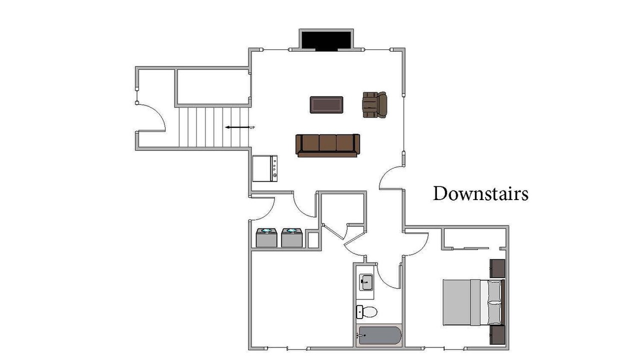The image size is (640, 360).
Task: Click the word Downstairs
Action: point(480,193)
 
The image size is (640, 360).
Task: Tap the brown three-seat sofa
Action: point(327,145)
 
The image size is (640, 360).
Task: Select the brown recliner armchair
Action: point(375,104)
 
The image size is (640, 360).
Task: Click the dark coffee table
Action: point(326,105)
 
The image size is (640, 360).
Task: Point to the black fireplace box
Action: point(326,40)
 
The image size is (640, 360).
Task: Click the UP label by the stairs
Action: point(252,127)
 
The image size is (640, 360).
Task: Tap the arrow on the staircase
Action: point(237,127)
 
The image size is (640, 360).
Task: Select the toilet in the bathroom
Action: point(367,311)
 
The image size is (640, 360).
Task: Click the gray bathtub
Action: point(379,335)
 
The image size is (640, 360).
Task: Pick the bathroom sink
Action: point(366,281)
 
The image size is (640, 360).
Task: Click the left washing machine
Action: point(266,237)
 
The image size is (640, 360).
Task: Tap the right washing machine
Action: point(291,237)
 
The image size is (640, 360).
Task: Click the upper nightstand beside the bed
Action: point(497,268)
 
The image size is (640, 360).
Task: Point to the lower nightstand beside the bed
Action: point(497,335)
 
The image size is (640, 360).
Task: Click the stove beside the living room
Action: point(265,168)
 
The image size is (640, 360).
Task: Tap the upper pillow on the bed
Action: point(494,290)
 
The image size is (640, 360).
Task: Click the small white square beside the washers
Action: point(313,240)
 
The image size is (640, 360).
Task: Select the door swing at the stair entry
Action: point(151,117)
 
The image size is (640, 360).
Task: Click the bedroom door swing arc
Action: point(417,244)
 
